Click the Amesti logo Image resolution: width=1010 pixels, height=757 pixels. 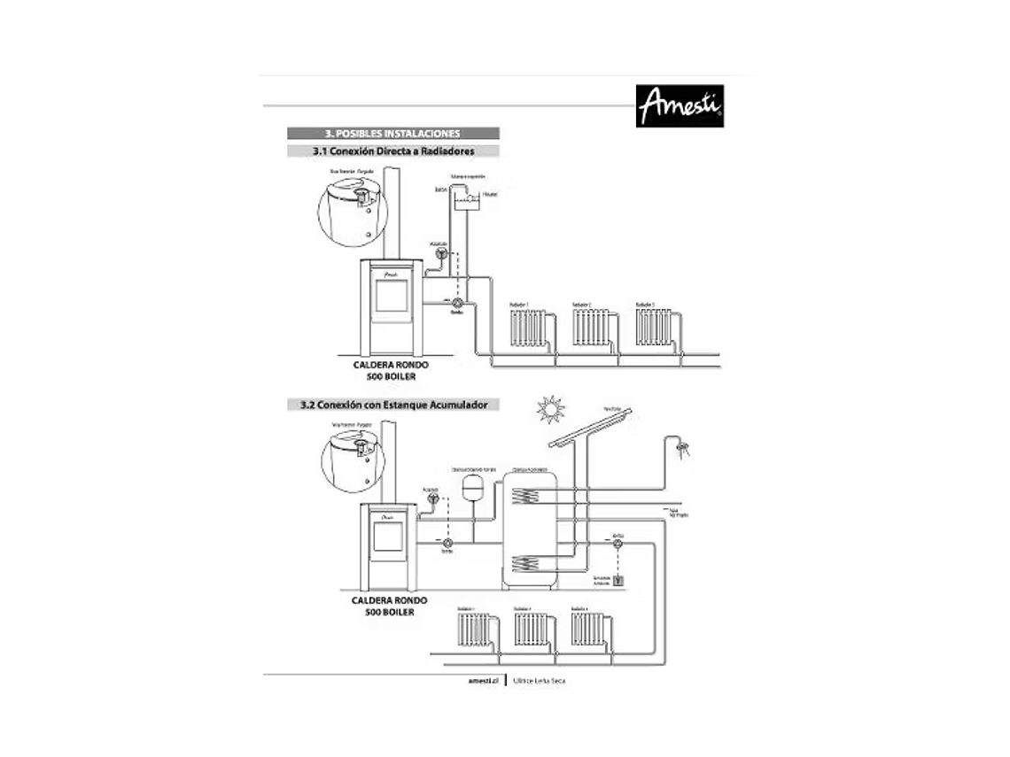(x=680, y=106)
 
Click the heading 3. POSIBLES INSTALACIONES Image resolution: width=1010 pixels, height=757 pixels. (x=392, y=134)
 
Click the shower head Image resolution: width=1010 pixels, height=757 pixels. (x=680, y=446)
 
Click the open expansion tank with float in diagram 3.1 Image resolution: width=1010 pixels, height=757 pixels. (x=468, y=201)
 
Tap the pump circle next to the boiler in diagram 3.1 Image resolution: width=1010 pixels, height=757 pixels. (x=458, y=303)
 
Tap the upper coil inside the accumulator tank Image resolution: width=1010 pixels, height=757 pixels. (x=530, y=494)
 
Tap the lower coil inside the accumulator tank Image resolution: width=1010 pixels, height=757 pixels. (x=530, y=560)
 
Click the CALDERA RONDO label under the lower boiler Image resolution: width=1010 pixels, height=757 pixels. (x=389, y=600)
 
